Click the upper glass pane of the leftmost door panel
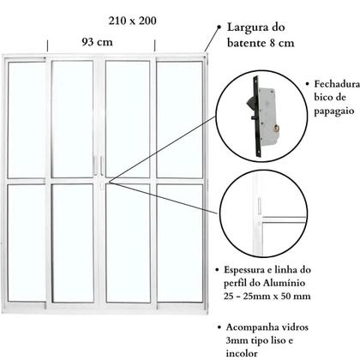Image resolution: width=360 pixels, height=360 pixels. (x=27, y=118)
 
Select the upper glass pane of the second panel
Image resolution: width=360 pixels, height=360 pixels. (x=73, y=118)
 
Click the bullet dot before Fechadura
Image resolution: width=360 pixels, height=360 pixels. (x=307, y=85)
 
